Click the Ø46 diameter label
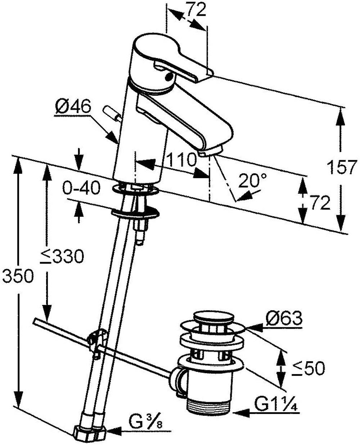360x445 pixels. [x=73, y=107]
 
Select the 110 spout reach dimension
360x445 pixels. [x=182, y=159]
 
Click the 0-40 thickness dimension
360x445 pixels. [x=81, y=188]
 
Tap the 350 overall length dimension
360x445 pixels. [x=18, y=275]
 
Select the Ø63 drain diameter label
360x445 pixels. [x=284, y=318]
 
